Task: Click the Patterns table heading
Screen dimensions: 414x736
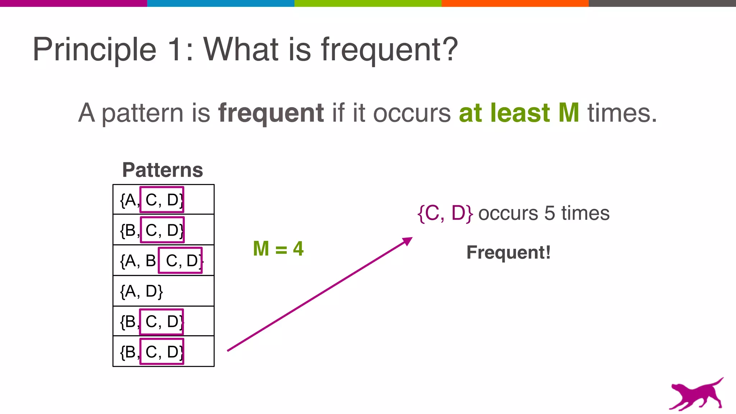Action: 162,170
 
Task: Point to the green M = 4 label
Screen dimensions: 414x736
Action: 278,249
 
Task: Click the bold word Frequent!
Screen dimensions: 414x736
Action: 508,252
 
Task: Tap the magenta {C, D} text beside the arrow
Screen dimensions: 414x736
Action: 445,213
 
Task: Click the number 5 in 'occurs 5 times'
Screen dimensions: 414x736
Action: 549,213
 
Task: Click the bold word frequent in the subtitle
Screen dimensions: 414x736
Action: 271,113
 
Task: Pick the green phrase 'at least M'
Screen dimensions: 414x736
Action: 519,113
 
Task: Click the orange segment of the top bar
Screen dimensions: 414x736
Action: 515,3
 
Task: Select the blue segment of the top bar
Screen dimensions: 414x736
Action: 221,3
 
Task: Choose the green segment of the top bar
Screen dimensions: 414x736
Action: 368,3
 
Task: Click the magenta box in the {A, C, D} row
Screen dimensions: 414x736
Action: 162,199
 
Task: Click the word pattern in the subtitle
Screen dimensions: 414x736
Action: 143,114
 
